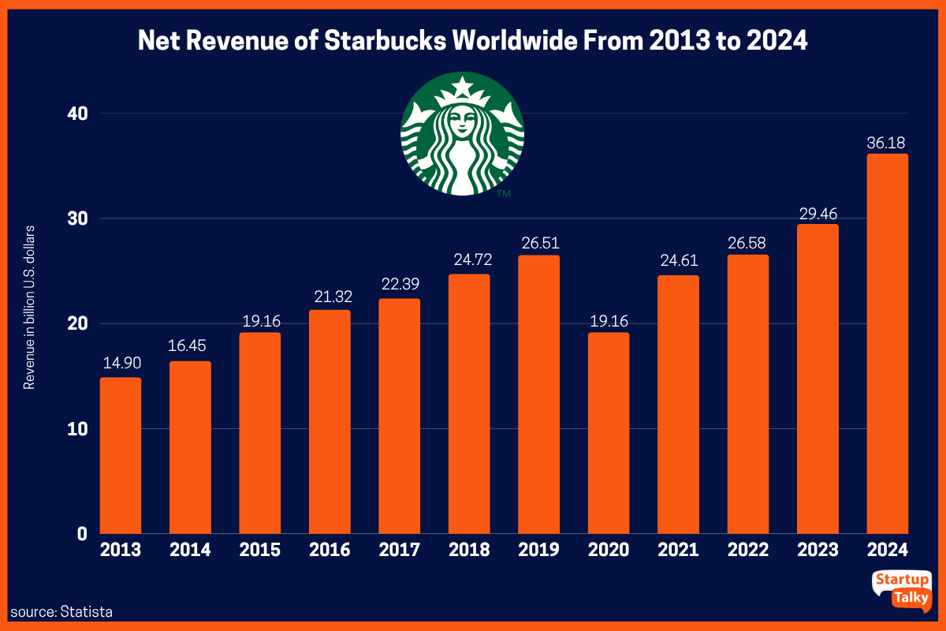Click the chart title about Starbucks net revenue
[473, 41]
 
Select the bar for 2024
[887, 344]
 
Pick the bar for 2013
[121, 455]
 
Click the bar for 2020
[609, 433]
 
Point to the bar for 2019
[539, 394]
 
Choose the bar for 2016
[330, 422]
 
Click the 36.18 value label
[886, 143]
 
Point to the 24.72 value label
[469, 259]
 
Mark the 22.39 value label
[399, 285]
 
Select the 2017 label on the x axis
[399, 550]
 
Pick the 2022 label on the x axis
[747, 550]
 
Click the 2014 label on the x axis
[190, 550]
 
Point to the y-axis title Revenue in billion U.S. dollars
[29, 307]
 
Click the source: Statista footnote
[61, 611]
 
